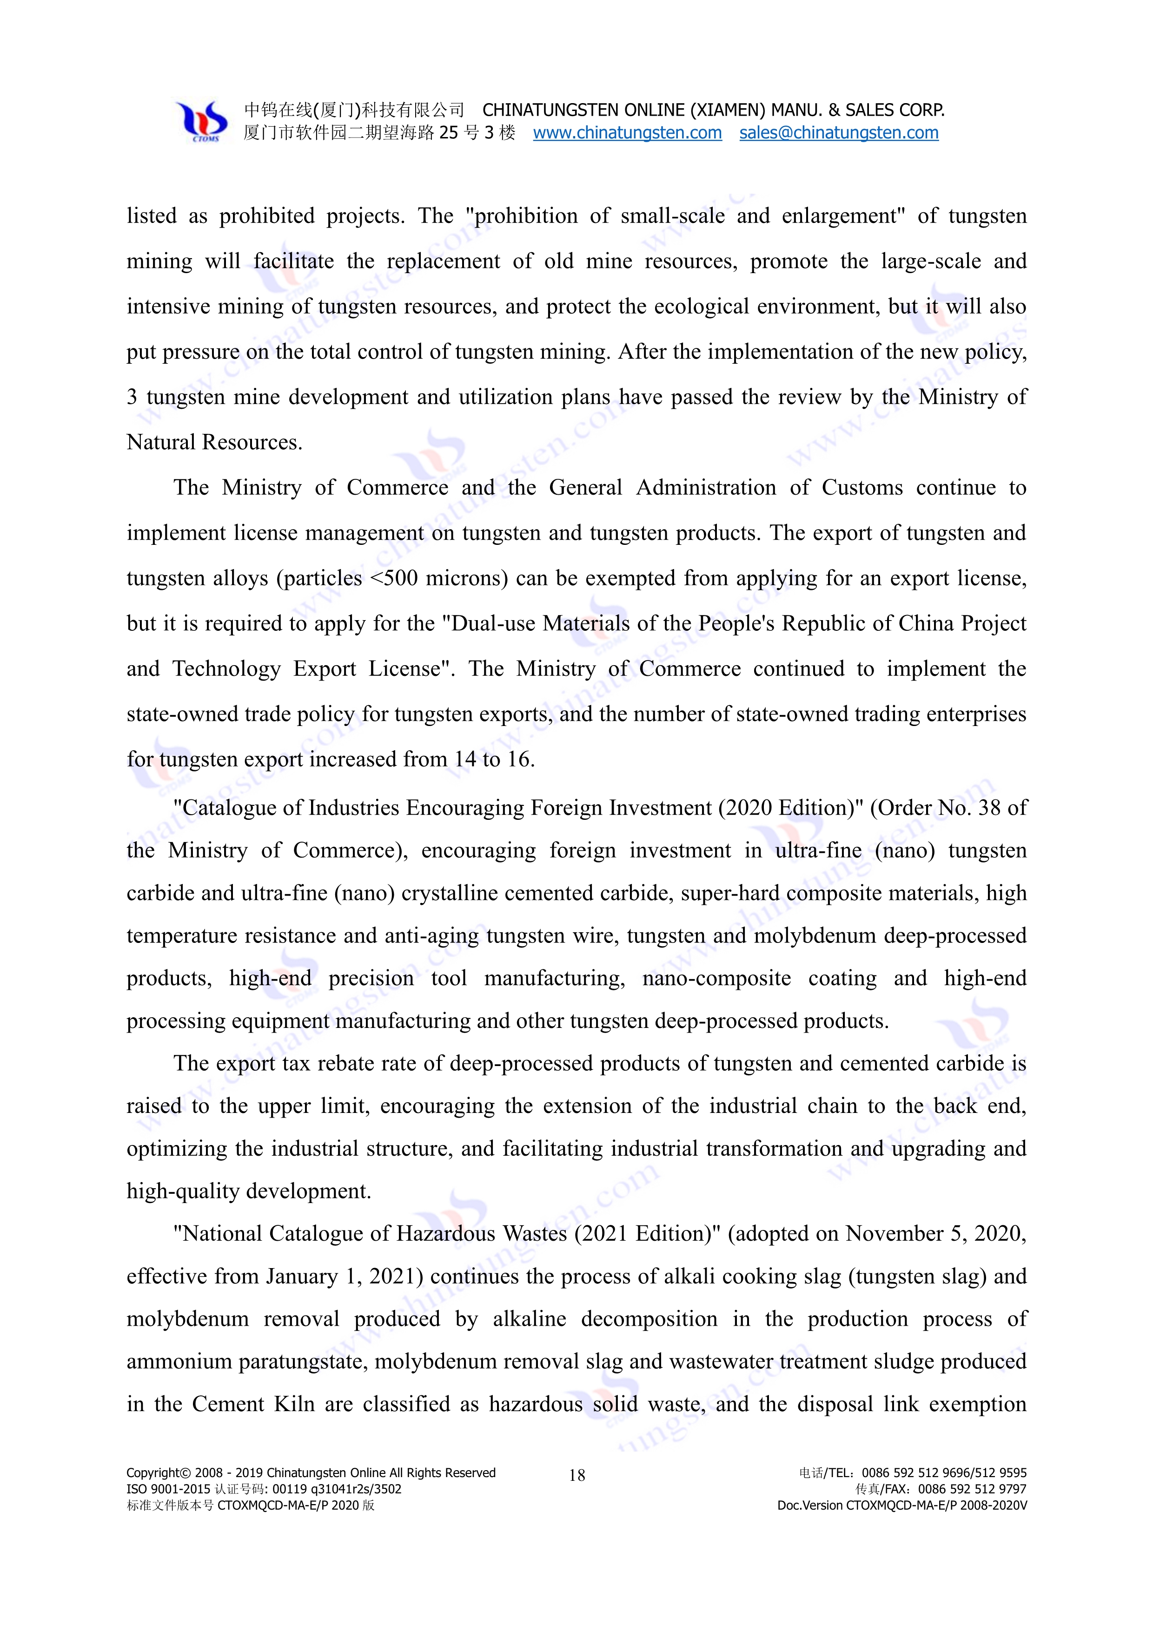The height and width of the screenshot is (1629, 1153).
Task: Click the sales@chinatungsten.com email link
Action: pos(838,133)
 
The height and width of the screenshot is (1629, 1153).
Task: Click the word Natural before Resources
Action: pos(161,442)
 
